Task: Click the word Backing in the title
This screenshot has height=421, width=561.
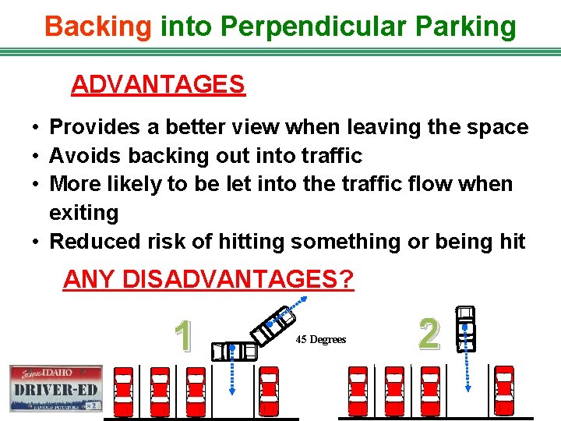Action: [98, 27]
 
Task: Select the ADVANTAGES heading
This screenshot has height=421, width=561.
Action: [157, 84]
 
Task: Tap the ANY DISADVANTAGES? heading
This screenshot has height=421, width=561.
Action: [208, 279]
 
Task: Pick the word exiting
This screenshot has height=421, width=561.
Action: [83, 213]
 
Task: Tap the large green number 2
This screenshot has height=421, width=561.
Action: [428, 334]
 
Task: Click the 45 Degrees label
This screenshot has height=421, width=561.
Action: [320, 340]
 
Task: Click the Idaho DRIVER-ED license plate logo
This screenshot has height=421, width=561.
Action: [55, 388]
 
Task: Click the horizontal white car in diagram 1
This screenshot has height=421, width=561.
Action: [234, 352]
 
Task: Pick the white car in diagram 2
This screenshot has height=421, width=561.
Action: [465, 328]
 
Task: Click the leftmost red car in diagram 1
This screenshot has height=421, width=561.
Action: [124, 391]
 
